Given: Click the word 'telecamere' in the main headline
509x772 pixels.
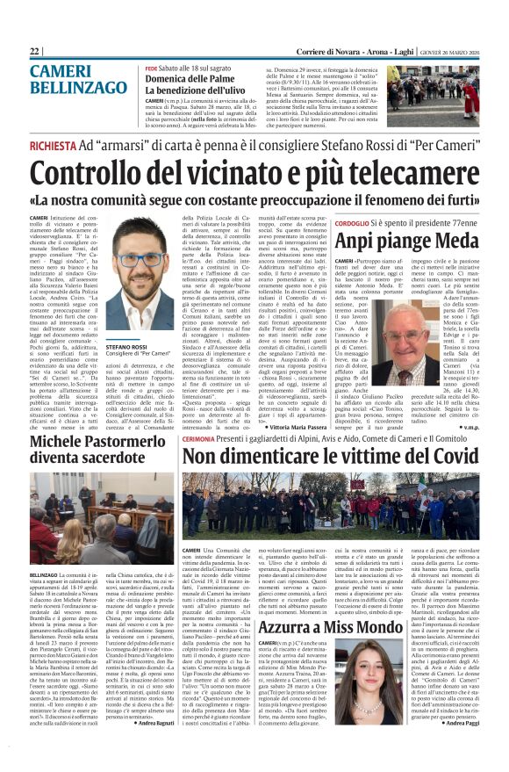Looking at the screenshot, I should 395,173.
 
